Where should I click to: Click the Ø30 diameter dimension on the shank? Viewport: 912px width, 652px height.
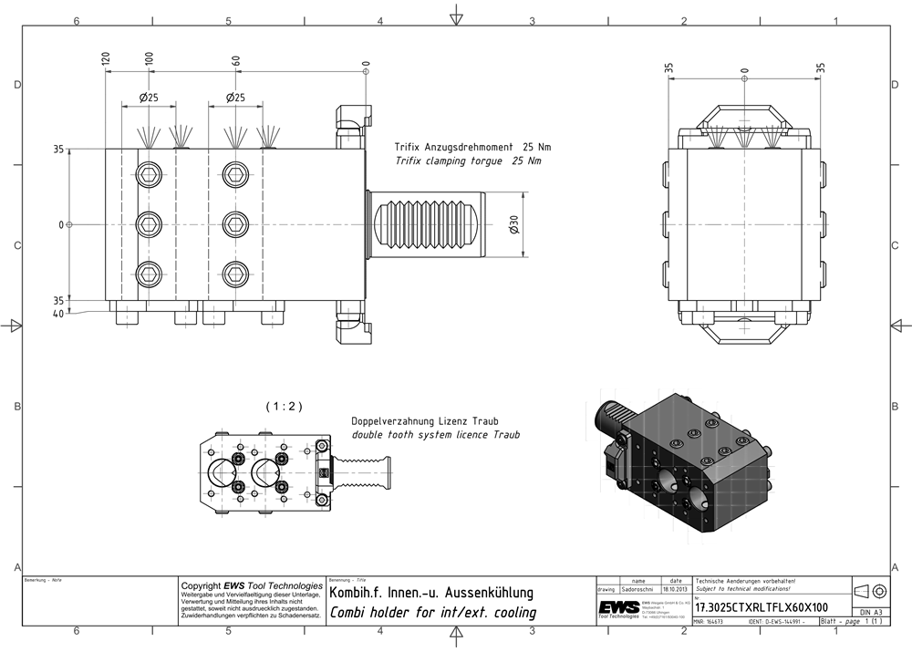coord(515,225)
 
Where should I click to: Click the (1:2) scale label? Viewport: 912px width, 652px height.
coord(283,405)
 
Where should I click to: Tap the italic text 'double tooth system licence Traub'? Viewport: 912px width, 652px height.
coord(435,435)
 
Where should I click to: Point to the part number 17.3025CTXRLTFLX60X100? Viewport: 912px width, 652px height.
coord(762,607)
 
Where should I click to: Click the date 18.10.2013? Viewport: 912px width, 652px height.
coord(674,590)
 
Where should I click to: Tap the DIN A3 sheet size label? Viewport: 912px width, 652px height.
coord(870,612)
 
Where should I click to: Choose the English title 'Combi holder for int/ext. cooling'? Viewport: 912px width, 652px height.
coord(432,613)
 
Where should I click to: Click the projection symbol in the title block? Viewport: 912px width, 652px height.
coord(870,590)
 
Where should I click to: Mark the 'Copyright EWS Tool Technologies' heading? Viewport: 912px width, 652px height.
coord(252,585)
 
